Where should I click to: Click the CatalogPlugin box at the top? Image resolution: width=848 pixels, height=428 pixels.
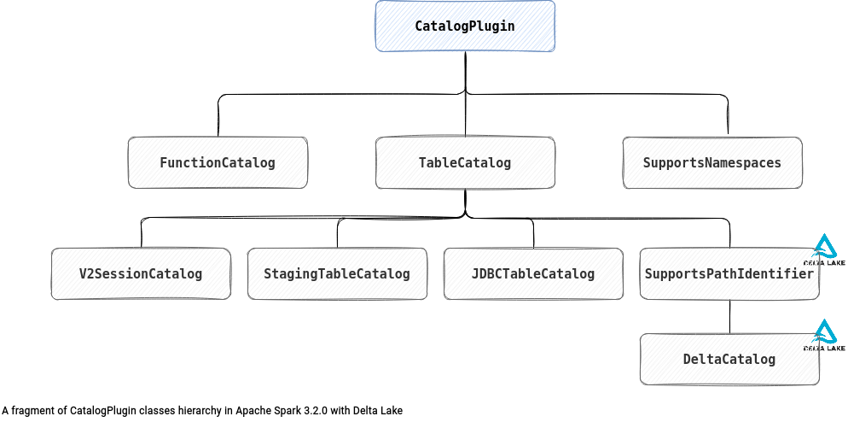465,26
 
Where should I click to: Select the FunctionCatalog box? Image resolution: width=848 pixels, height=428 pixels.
218,162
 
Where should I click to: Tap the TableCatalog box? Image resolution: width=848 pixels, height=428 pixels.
465,162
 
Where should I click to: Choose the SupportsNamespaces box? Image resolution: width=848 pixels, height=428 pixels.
712,162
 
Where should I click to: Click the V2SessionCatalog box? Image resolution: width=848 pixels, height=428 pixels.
141,273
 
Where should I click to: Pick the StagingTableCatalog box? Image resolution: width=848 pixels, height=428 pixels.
337,273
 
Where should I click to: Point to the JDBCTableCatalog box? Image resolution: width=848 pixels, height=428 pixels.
533,273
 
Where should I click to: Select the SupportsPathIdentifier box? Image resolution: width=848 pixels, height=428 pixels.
729,273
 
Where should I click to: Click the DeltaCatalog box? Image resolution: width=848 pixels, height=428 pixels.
729,359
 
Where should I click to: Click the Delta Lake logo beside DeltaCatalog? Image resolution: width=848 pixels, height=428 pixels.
825,335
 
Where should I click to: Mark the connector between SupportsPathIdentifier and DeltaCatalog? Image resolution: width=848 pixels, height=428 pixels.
729,316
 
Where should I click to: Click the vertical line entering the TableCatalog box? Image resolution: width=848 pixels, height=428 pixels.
465,115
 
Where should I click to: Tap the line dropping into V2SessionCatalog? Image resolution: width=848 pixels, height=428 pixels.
141,234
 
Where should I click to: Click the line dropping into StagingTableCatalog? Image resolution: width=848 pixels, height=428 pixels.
338,234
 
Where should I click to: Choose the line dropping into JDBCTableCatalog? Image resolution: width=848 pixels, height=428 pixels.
533,234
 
